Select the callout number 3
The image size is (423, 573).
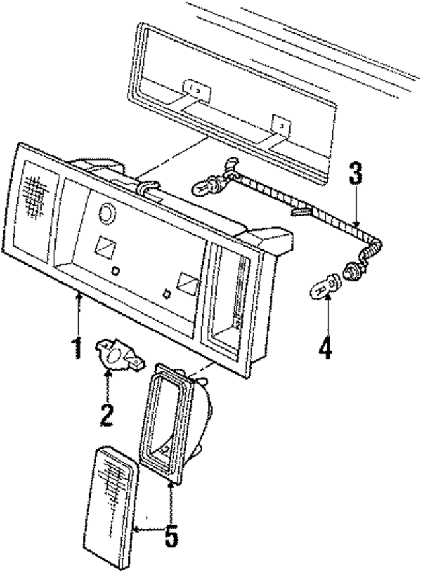pyautogui.click(x=356, y=175)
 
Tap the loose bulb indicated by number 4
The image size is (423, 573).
pyautogui.click(x=323, y=290)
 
